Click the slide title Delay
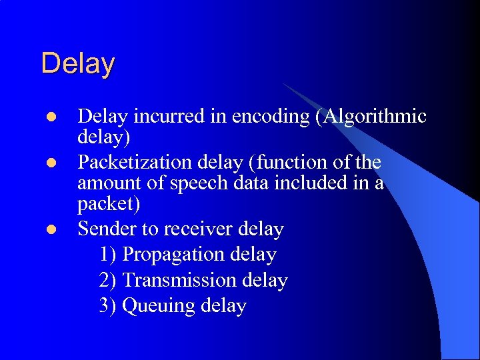tap(78, 64)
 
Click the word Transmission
tap(180, 281)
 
